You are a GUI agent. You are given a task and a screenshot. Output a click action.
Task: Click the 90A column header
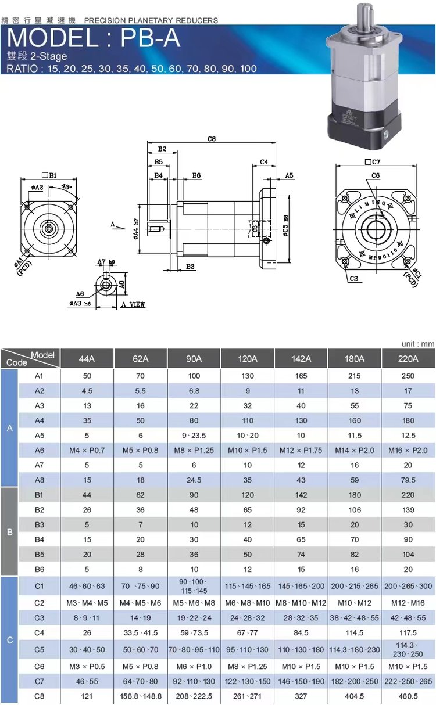point(194,358)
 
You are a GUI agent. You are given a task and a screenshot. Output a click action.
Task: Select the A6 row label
point(40,451)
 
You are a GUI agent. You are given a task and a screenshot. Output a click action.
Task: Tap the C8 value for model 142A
point(301,696)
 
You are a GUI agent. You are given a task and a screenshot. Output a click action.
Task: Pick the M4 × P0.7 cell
point(87,451)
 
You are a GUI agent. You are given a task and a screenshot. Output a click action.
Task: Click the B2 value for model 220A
point(408,510)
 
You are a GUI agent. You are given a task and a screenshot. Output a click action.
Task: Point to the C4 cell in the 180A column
point(355,632)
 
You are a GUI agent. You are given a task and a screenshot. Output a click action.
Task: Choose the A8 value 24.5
point(194,480)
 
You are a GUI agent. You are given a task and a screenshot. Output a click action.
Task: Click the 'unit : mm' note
point(418,344)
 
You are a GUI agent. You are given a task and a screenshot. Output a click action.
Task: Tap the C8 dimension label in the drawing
point(212,138)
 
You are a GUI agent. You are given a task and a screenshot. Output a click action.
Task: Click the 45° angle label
point(66,186)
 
